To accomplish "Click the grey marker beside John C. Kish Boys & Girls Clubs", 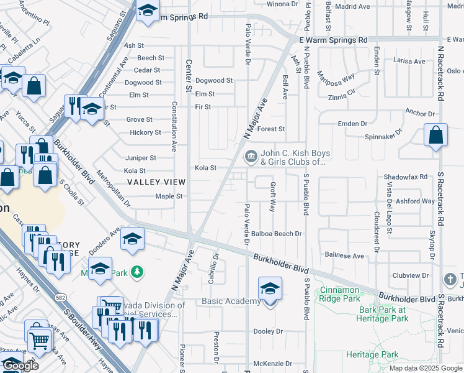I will coord(251,156).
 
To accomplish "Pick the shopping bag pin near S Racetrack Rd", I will coord(436,136).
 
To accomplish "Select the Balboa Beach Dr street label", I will coord(277,234).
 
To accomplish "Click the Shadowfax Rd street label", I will coord(406,177).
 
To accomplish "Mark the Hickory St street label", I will coord(146,132).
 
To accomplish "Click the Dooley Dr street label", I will coord(268,331).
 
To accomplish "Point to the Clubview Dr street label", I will coord(410,275).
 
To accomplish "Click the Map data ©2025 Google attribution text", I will coord(425,368).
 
